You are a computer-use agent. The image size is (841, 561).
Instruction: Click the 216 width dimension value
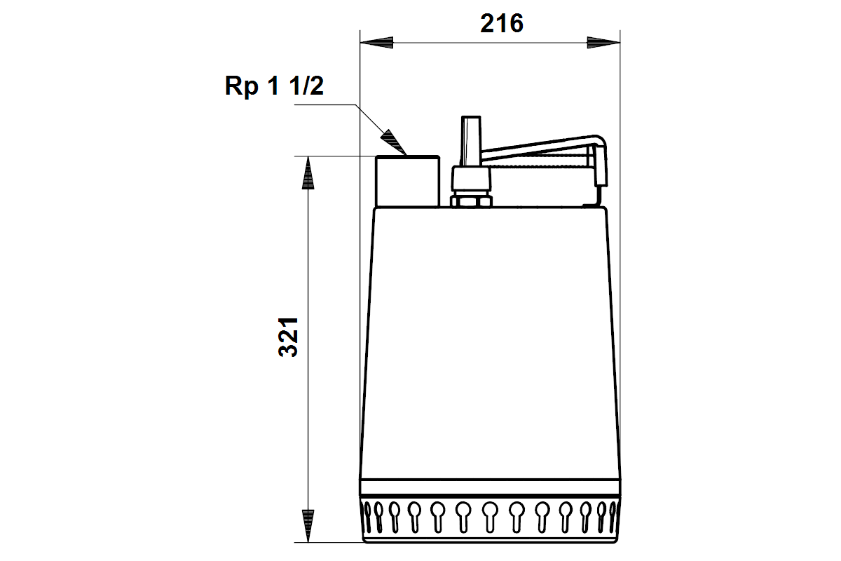click(502, 23)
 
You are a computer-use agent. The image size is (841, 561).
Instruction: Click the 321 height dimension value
click(288, 337)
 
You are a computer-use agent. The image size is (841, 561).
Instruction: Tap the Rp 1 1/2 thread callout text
click(274, 86)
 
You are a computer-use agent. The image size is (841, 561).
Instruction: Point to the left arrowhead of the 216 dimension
click(376, 43)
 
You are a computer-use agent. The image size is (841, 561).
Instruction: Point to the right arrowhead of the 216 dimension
click(603, 43)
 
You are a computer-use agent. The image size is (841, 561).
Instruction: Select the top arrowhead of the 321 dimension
click(308, 173)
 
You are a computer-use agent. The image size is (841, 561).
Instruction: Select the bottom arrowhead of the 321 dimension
click(308, 526)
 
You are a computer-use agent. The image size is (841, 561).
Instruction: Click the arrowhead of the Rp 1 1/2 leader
click(393, 142)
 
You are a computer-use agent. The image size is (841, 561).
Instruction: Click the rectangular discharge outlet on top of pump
click(408, 181)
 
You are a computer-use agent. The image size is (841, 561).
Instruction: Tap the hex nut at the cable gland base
click(471, 201)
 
